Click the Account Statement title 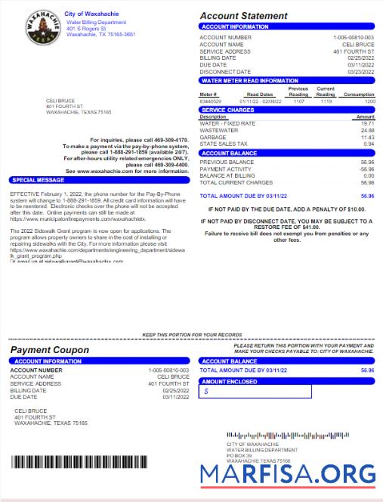243,16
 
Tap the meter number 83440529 210,101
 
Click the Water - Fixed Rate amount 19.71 368,123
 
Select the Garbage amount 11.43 368,137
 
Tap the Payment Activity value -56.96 367,169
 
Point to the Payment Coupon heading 49,351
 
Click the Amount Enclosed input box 255,392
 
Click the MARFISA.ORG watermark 288,473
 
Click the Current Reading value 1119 326,101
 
